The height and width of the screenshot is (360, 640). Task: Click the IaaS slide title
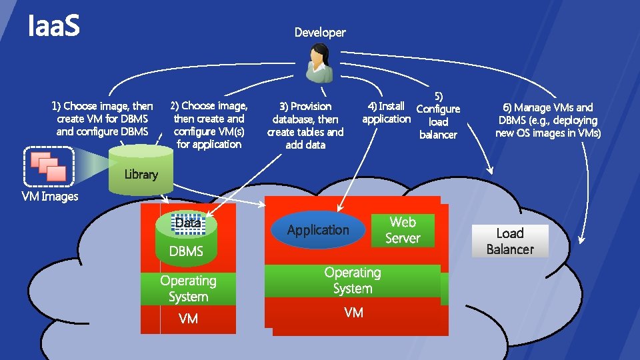point(53,27)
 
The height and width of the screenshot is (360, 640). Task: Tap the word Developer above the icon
point(320,32)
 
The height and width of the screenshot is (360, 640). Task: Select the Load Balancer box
point(510,241)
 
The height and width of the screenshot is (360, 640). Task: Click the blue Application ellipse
point(318,230)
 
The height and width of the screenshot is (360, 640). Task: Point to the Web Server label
point(403,230)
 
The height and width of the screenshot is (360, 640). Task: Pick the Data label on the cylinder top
point(188,223)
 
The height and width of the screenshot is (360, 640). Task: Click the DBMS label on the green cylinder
point(186,251)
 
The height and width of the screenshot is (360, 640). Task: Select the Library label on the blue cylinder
point(141,175)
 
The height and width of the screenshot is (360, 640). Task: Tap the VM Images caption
point(50,197)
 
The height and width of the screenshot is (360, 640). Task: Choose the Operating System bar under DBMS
point(188,289)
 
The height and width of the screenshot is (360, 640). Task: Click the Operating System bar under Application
point(352,281)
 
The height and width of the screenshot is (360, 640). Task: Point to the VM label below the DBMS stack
point(188,319)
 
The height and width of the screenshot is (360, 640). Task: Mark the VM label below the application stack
point(353,313)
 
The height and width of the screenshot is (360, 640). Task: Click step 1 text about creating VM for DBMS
point(103,119)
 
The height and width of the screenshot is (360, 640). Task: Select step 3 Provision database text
point(305,125)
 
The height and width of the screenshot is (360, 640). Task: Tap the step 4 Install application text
point(386,112)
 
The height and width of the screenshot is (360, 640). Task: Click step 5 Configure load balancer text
point(438,116)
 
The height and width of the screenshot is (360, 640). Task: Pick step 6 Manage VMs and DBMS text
point(548,120)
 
